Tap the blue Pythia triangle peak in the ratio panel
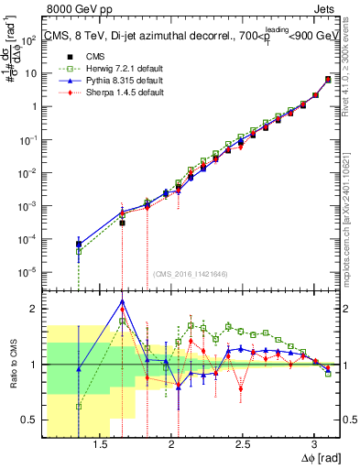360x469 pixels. (122, 301)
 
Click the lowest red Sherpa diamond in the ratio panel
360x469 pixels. (241, 388)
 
